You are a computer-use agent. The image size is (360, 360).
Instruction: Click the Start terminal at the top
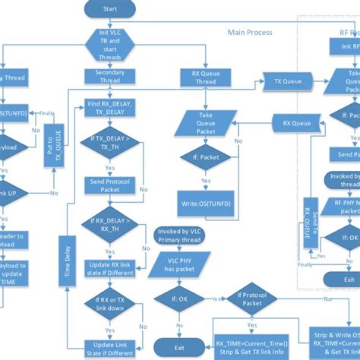coord(109,8)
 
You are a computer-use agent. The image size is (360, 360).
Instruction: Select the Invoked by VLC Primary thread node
coord(180,234)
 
